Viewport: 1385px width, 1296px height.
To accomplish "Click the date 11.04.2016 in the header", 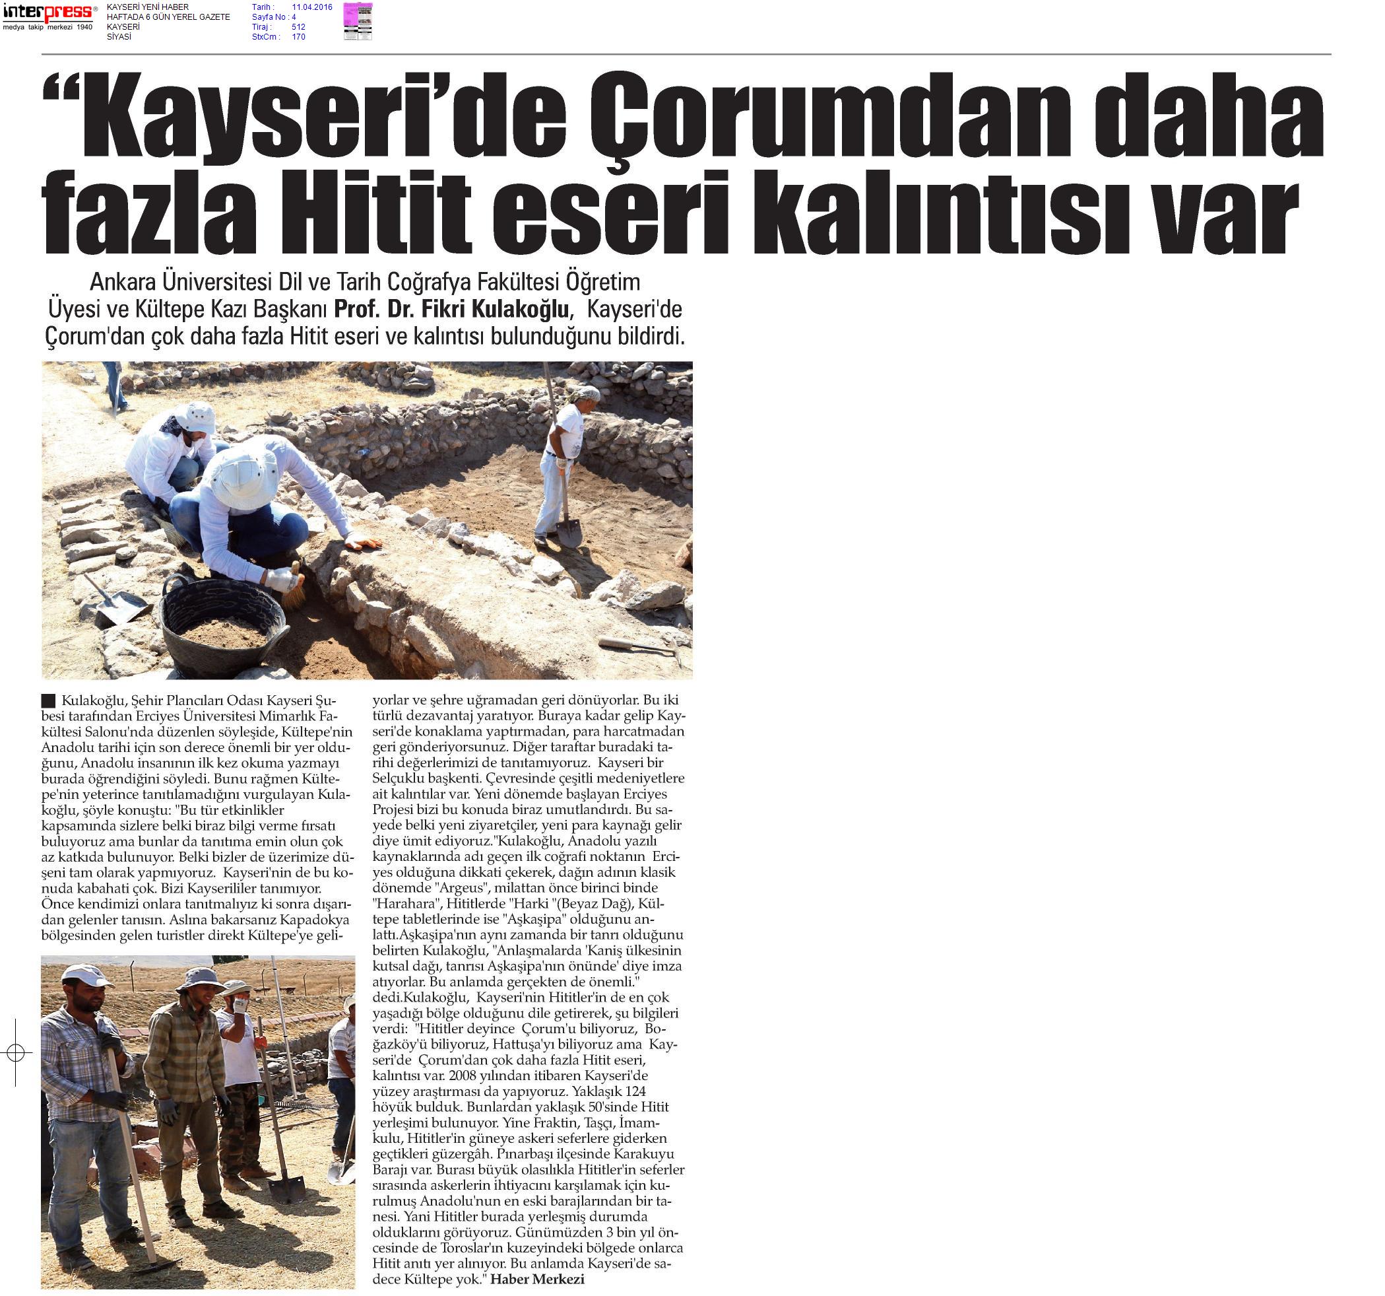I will coord(311,7).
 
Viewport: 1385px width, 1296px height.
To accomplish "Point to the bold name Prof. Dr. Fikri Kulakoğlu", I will coord(453,308).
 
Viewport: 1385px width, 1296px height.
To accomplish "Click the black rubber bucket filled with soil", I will coord(224,623).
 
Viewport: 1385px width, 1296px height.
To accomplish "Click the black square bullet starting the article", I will coord(48,700).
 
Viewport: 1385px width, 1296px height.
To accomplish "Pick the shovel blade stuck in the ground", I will coord(286,1192).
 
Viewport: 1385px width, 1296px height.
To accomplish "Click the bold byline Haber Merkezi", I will coord(537,1279).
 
